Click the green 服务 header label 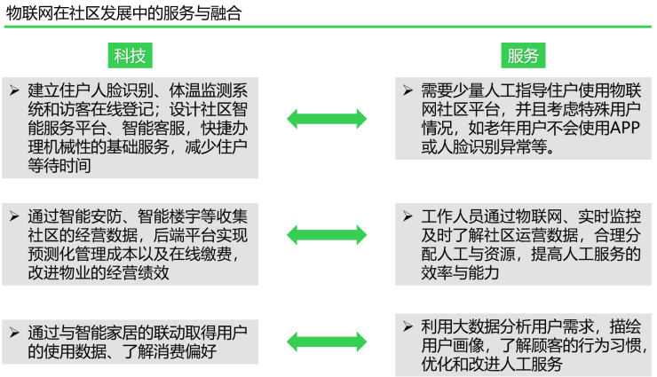point(523,56)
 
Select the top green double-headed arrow point(326,119)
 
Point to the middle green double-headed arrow point(326,234)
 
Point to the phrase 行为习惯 point(606,345)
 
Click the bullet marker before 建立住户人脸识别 point(13,90)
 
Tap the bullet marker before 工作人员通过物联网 point(407,216)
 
